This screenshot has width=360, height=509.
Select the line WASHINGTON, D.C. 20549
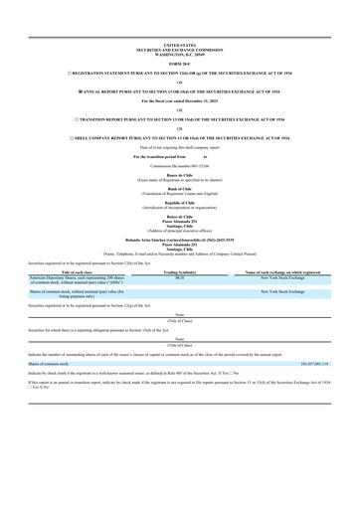pyautogui.click(x=180, y=54)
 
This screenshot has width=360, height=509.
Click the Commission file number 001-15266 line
pyautogui.click(x=180, y=165)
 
